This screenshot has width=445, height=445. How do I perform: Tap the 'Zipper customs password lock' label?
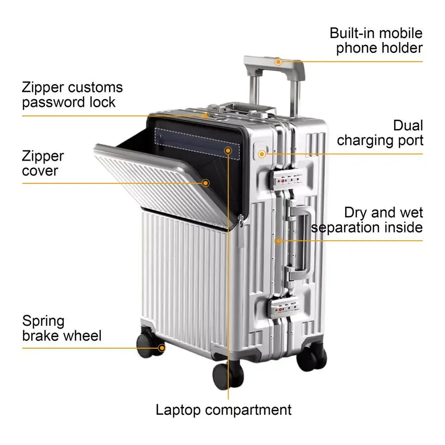(x=72, y=95)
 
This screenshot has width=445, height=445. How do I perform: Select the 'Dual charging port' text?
(x=380, y=133)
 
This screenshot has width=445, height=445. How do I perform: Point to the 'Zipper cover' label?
(x=43, y=164)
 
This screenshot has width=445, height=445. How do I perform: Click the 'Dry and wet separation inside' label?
(x=367, y=220)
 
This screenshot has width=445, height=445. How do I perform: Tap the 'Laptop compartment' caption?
(x=223, y=410)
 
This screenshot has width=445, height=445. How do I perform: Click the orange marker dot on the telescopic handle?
(x=278, y=62)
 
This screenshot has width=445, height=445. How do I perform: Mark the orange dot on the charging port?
(x=262, y=154)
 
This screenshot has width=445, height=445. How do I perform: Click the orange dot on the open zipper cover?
(x=206, y=183)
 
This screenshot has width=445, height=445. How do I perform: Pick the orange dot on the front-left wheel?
(x=161, y=348)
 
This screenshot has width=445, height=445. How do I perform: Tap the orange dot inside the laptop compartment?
(x=228, y=150)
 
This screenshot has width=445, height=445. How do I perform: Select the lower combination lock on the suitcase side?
(x=284, y=308)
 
